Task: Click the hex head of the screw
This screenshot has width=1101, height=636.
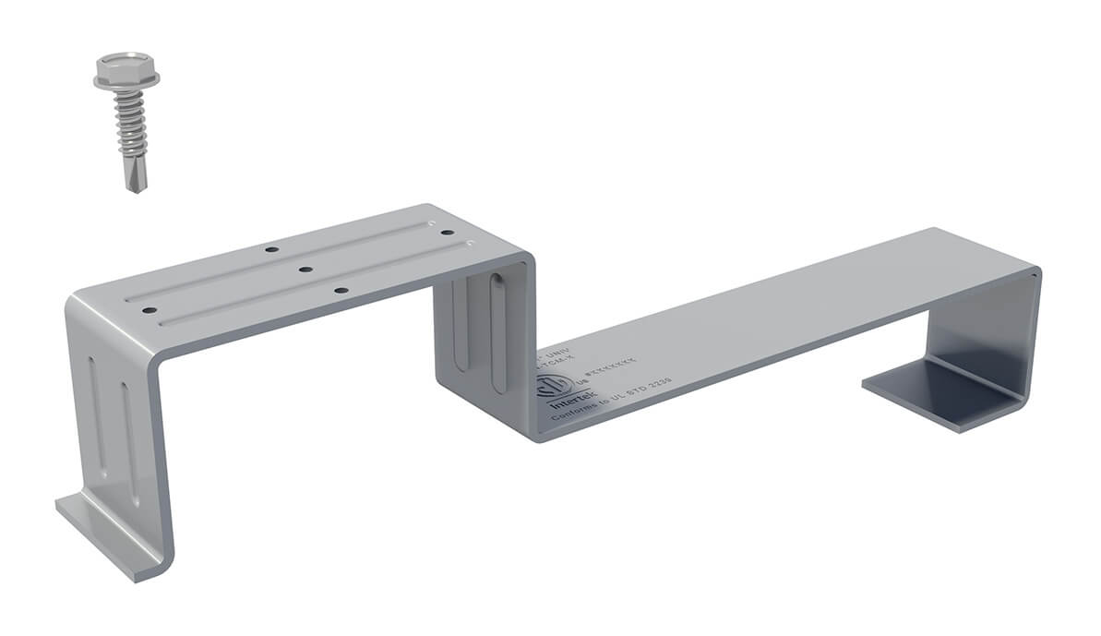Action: [126, 64]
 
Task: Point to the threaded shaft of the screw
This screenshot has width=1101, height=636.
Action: [129, 125]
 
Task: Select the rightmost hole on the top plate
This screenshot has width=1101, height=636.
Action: [447, 234]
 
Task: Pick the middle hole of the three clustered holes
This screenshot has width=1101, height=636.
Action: [305, 270]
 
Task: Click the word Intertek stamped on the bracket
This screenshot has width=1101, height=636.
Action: [568, 404]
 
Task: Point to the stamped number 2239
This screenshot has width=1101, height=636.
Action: [656, 381]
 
